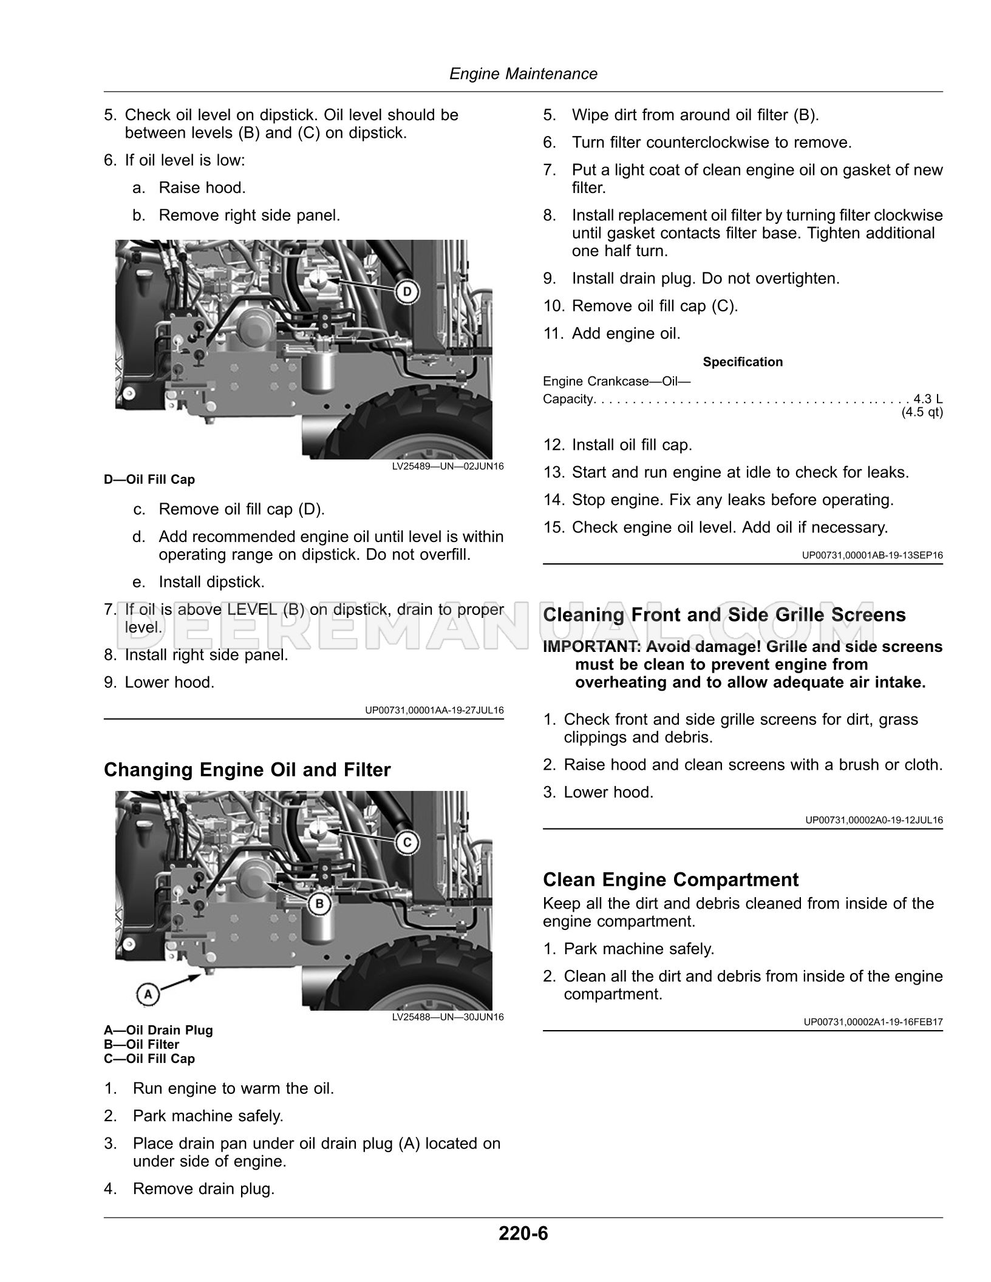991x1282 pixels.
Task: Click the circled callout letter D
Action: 407,293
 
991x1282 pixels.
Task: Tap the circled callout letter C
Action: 407,843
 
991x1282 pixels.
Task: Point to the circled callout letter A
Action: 148,994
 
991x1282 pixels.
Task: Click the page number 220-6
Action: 523,1233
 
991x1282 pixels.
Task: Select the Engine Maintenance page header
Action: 523,74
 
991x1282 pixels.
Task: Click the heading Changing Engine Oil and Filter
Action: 247,770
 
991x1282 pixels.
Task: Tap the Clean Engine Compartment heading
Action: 670,880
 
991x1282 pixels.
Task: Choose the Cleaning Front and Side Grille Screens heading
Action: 724,615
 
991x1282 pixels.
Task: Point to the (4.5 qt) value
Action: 922,413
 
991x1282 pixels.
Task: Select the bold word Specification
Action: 743,362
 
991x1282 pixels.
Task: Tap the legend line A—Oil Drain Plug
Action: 158,1030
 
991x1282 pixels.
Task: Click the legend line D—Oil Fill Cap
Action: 149,480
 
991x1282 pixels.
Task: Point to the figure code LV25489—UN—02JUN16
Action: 448,467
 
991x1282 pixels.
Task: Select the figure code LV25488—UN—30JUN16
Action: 448,1017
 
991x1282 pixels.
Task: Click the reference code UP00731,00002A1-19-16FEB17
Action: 873,1022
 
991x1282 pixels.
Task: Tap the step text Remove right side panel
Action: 249,215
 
